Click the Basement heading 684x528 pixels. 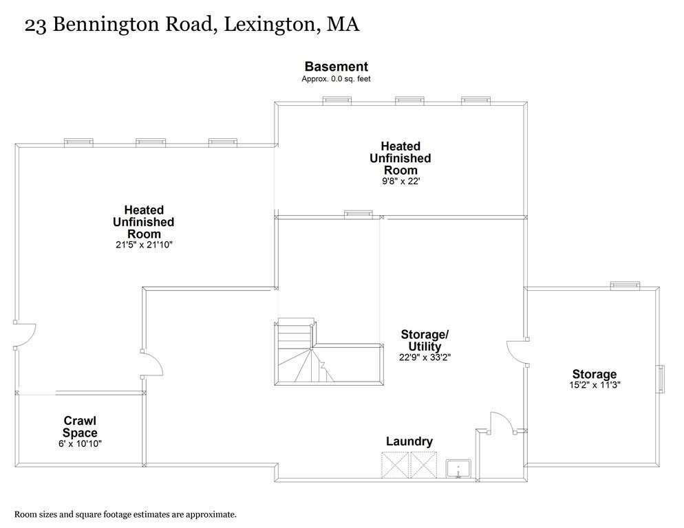click(x=336, y=67)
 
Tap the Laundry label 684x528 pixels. click(x=409, y=441)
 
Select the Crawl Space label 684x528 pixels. click(x=80, y=427)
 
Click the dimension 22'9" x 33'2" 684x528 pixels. click(x=425, y=357)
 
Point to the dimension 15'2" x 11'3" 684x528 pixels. click(x=595, y=385)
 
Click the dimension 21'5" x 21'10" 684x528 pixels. click(x=144, y=245)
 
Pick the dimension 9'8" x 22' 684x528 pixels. click(x=400, y=181)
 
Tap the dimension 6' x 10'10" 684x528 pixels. click(x=80, y=444)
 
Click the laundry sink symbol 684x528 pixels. click(x=458, y=469)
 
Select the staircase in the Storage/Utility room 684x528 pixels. click(x=329, y=352)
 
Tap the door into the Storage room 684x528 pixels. click(x=517, y=352)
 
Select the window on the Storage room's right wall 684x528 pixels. click(x=661, y=378)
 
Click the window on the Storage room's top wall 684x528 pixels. click(x=625, y=285)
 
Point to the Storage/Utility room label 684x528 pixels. click(x=425, y=340)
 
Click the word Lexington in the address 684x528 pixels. click(x=269, y=25)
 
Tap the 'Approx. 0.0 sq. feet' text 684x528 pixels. click(x=336, y=79)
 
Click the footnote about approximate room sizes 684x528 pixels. click(x=126, y=514)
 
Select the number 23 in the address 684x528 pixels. click(x=35, y=25)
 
